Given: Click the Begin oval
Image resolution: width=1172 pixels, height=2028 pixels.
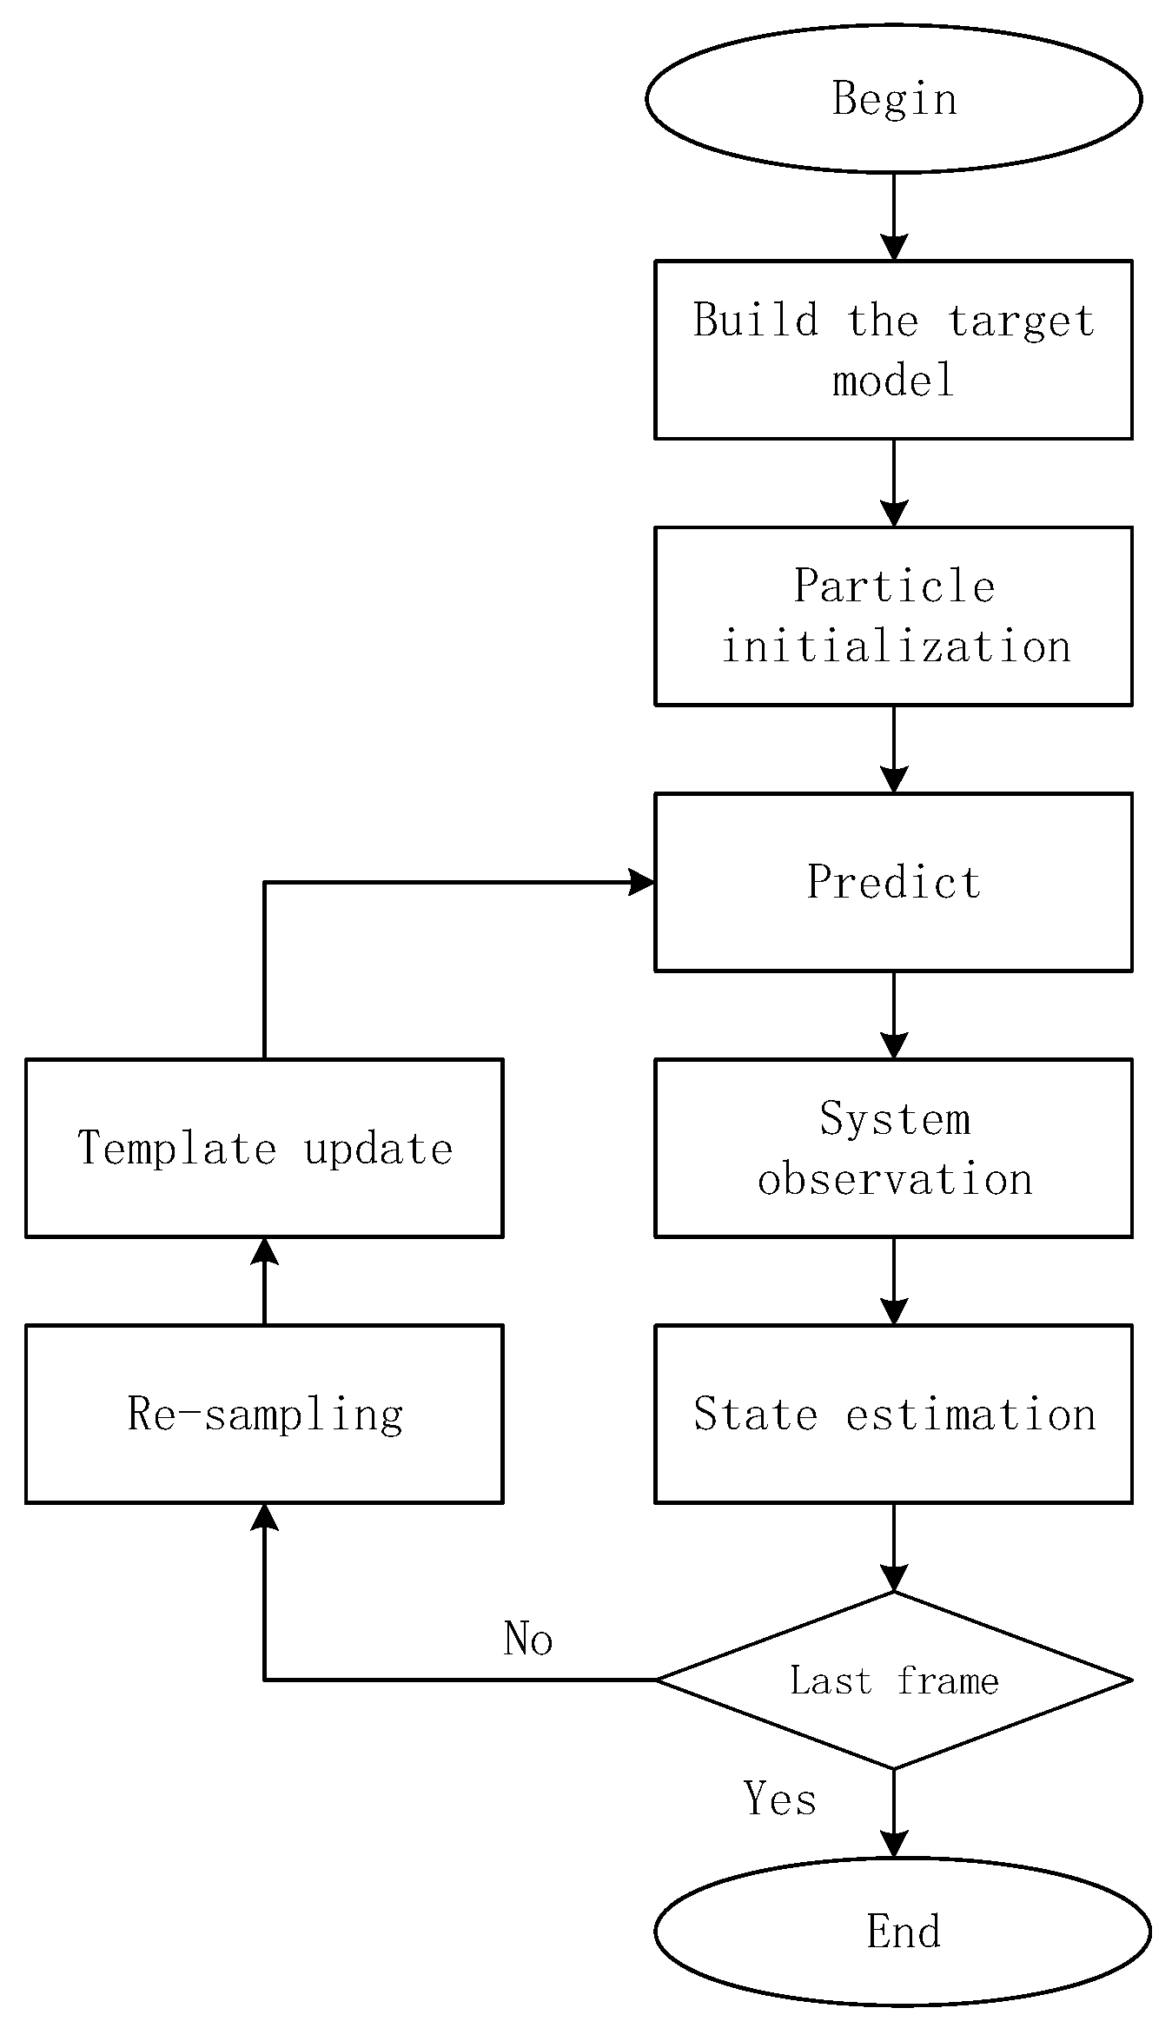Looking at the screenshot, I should click(893, 98).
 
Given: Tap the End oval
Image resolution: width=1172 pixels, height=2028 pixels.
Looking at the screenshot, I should click(902, 1931).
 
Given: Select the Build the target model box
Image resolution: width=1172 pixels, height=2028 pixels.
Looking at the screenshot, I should click(893, 349).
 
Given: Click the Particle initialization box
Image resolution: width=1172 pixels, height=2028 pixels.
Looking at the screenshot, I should click(893, 615).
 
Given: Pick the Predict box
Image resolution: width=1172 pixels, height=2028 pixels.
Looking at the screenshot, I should click(893, 881).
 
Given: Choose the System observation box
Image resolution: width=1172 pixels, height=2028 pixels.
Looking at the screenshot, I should click(893, 1147).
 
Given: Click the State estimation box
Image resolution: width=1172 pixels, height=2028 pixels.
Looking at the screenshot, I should click(893, 1413).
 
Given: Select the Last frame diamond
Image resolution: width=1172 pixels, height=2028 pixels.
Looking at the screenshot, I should click(893, 1680).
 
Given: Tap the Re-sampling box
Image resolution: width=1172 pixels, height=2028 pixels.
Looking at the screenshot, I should click(264, 1413).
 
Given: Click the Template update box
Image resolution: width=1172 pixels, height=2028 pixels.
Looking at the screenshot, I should click(264, 1147).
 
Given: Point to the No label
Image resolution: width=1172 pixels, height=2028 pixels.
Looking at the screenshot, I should click(527, 1639).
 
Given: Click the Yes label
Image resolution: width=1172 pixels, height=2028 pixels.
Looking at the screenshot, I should click(779, 1798).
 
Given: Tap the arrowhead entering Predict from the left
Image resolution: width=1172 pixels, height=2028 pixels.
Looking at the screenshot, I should click(641, 882).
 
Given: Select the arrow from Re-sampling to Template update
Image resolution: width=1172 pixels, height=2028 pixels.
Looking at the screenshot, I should click(264, 1281).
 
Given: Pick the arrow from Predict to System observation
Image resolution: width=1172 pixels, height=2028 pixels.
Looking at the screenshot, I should click(893, 1015).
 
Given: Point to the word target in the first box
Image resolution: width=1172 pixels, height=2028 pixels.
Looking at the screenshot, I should click(1020, 321).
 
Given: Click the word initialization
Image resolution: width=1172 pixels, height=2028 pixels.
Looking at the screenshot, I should click(896, 647).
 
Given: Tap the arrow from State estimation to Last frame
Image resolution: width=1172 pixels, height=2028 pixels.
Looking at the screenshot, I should click(893, 1547).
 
